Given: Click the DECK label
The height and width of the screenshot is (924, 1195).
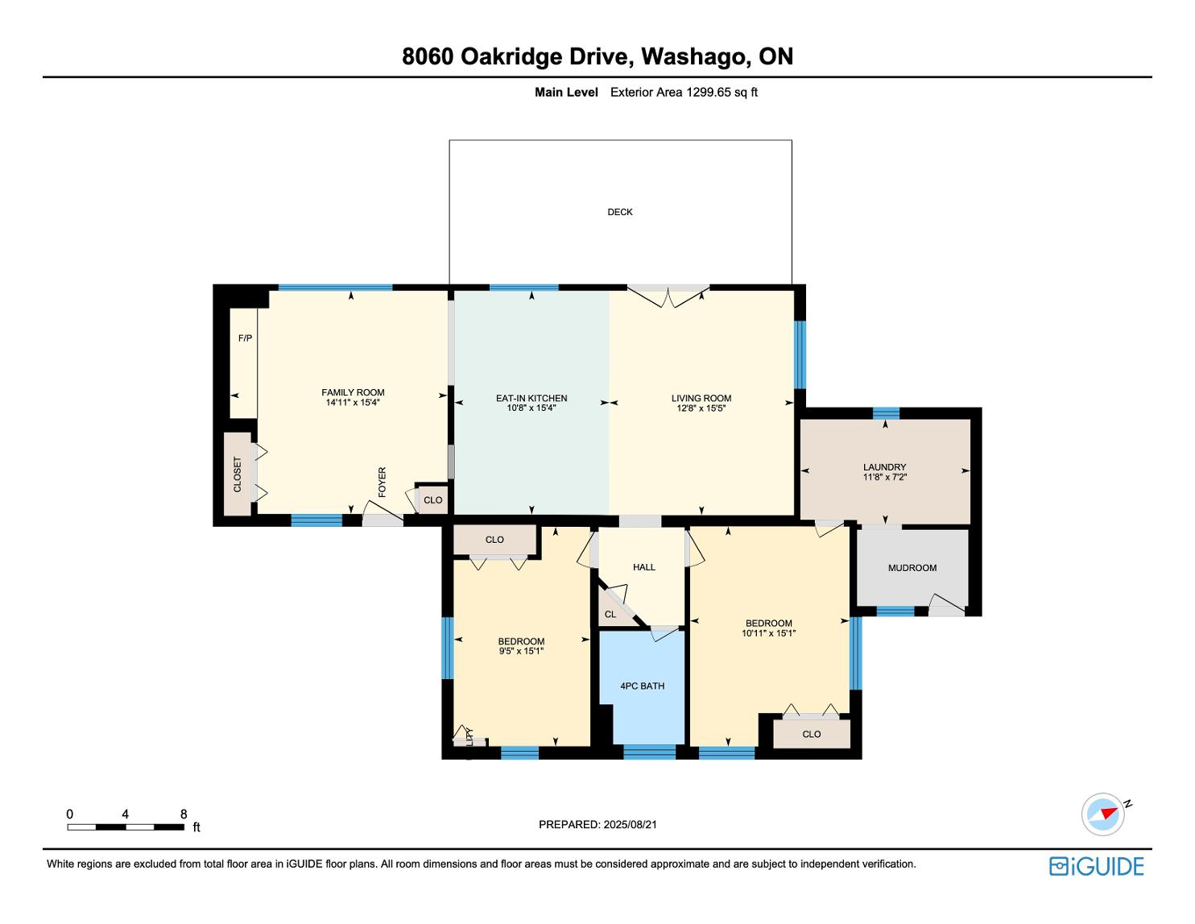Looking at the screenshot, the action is click(620, 212).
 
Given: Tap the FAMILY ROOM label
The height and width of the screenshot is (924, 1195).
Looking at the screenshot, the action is click(353, 392).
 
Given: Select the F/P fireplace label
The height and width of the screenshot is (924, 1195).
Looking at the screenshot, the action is click(246, 338).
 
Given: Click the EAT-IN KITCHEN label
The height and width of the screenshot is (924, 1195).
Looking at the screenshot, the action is click(531, 398).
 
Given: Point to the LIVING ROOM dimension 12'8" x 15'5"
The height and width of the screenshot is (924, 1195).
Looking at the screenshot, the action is click(701, 408).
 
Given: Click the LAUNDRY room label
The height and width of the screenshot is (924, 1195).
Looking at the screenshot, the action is click(884, 467).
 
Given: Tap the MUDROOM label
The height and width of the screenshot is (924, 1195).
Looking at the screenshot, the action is click(912, 568).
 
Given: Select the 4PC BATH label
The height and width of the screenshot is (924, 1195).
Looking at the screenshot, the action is click(643, 686).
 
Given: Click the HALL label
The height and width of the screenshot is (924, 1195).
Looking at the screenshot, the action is click(644, 567).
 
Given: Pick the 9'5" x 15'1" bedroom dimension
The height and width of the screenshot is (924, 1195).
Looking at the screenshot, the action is click(521, 651).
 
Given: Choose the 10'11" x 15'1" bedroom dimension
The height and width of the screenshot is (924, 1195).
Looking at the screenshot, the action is click(769, 633).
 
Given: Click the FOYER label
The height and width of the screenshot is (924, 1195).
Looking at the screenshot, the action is click(382, 483).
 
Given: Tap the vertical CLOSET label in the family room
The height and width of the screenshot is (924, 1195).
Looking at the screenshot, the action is click(238, 474).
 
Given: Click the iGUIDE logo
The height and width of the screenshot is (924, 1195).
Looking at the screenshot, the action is click(1097, 866).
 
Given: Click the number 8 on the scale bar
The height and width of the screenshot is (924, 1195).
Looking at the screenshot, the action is click(184, 814).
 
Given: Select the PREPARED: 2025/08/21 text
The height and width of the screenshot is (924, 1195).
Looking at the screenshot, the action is click(597, 824).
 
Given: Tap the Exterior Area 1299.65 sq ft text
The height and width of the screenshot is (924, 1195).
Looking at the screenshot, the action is click(684, 93).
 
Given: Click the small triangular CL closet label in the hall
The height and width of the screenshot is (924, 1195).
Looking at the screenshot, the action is click(610, 615).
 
